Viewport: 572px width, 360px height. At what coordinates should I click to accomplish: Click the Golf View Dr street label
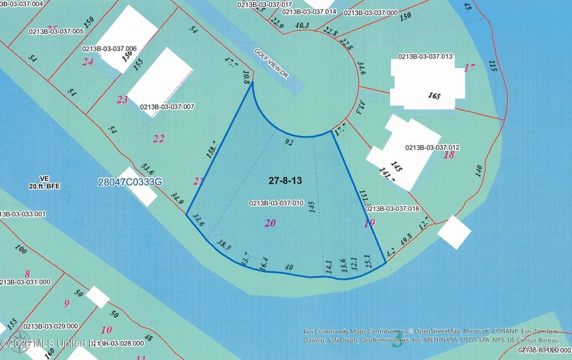[x=272, y=65]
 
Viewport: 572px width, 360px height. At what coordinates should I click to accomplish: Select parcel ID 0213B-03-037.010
[x=276, y=203]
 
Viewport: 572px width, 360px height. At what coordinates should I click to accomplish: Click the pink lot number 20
[x=270, y=223]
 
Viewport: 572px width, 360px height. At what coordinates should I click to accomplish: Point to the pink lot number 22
[x=159, y=139]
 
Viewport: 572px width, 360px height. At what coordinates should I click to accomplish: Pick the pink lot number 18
[x=449, y=155]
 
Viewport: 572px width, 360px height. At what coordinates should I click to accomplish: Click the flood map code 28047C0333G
[x=130, y=182]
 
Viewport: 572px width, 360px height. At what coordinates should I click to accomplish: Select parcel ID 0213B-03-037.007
[x=168, y=107]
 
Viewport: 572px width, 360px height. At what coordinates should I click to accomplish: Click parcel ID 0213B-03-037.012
[x=432, y=147]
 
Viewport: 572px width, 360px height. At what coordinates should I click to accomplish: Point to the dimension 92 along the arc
[x=289, y=143]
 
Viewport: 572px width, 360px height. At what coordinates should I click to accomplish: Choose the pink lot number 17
[x=468, y=67]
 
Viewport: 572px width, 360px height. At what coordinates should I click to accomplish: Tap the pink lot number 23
[x=123, y=100]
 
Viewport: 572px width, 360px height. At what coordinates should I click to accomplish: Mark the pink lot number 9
[x=66, y=304]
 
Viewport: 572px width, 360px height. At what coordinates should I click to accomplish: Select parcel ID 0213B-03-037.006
[x=110, y=48]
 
